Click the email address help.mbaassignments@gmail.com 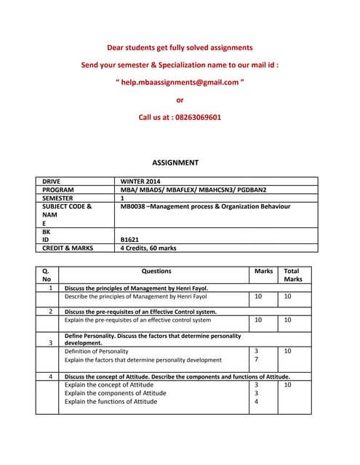pyautogui.click(x=180, y=82)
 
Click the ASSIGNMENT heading pyautogui.click(x=175, y=163)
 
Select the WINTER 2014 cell pyautogui.click(x=140, y=181)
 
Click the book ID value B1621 pyautogui.click(x=132, y=239)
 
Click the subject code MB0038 pyautogui.click(x=136, y=206)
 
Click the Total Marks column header pyautogui.click(x=293, y=275)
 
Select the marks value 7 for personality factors pyautogui.click(x=256, y=360)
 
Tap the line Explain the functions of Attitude pyautogui.click(x=111, y=401)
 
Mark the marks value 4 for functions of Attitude pyautogui.click(x=256, y=401)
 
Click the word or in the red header pyautogui.click(x=180, y=100)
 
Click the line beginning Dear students pyautogui.click(x=180, y=47)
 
